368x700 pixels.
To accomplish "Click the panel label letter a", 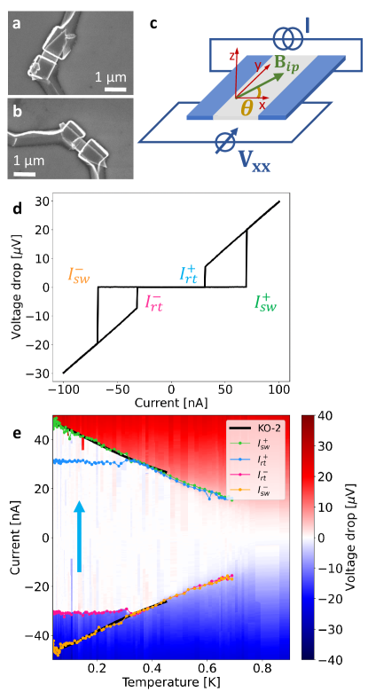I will (17, 23).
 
